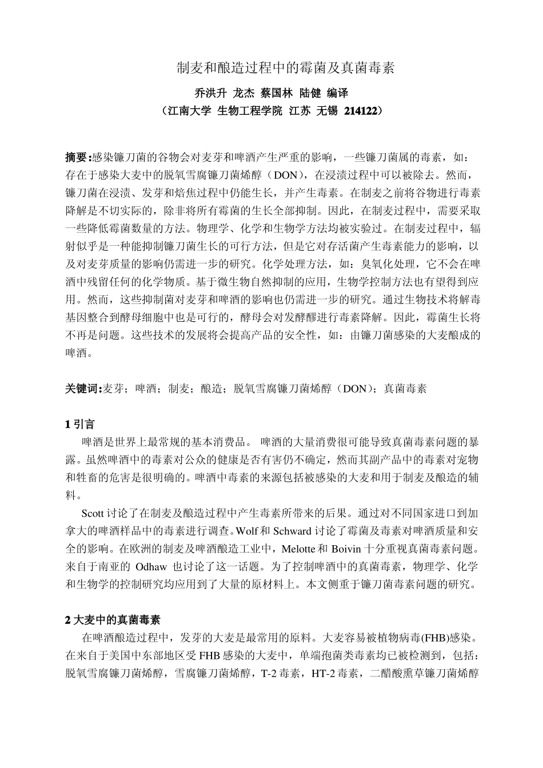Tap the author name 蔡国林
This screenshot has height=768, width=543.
point(276,93)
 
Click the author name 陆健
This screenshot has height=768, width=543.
point(310,93)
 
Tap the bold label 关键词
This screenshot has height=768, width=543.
point(81,389)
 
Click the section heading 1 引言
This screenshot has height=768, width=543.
point(81,424)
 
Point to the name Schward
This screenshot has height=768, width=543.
point(292,531)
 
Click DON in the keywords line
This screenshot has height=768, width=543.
point(356,389)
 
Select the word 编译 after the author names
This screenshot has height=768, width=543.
point(337,93)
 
